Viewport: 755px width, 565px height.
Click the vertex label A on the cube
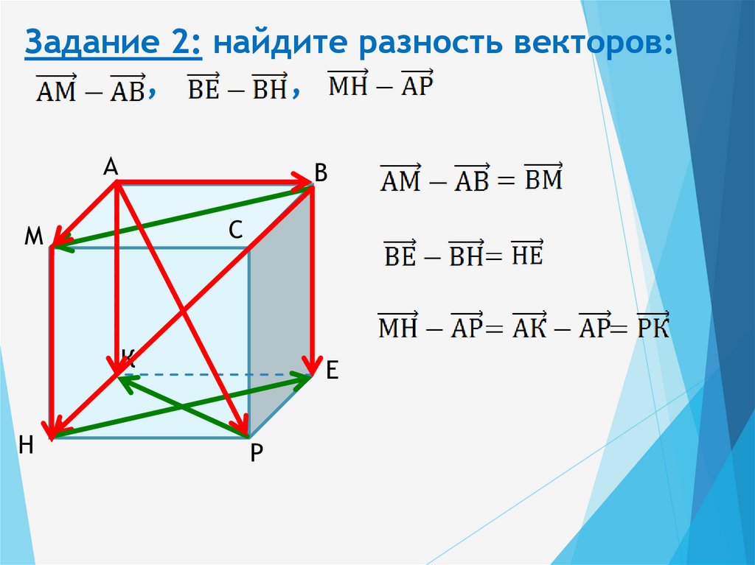click(x=111, y=168)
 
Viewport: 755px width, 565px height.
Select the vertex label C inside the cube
click(x=235, y=231)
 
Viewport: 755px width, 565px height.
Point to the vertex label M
click(x=32, y=236)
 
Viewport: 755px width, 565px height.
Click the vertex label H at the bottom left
click(x=27, y=444)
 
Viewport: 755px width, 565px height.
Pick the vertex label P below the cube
click(x=255, y=453)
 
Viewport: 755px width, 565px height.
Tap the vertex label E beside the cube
click(x=332, y=371)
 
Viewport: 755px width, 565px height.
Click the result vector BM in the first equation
click(x=543, y=178)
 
